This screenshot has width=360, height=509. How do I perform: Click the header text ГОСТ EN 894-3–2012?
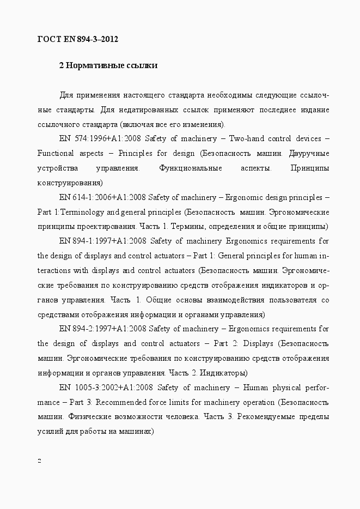[77, 39]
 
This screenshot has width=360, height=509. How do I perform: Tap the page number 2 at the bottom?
[39, 460]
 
